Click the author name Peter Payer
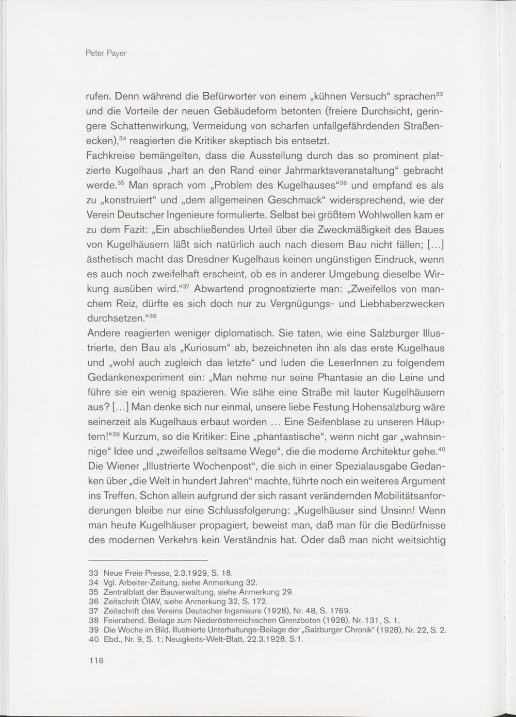click(x=106, y=53)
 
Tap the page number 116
click(x=96, y=661)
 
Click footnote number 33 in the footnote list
click(x=93, y=573)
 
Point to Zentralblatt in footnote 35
click(x=124, y=592)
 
